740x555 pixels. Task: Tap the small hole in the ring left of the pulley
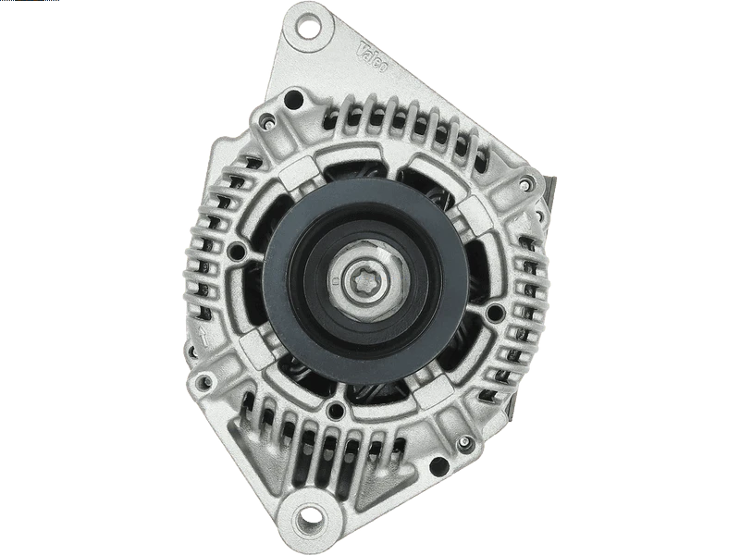click(240, 252)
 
